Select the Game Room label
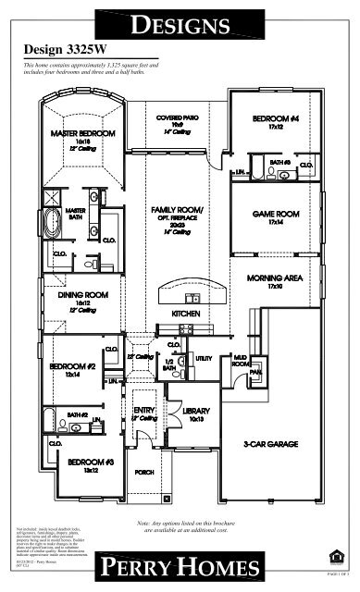tap(275, 214)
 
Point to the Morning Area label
tap(275, 277)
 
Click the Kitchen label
tap(186, 315)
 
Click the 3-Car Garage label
tap(270, 445)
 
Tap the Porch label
tap(144, 472)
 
